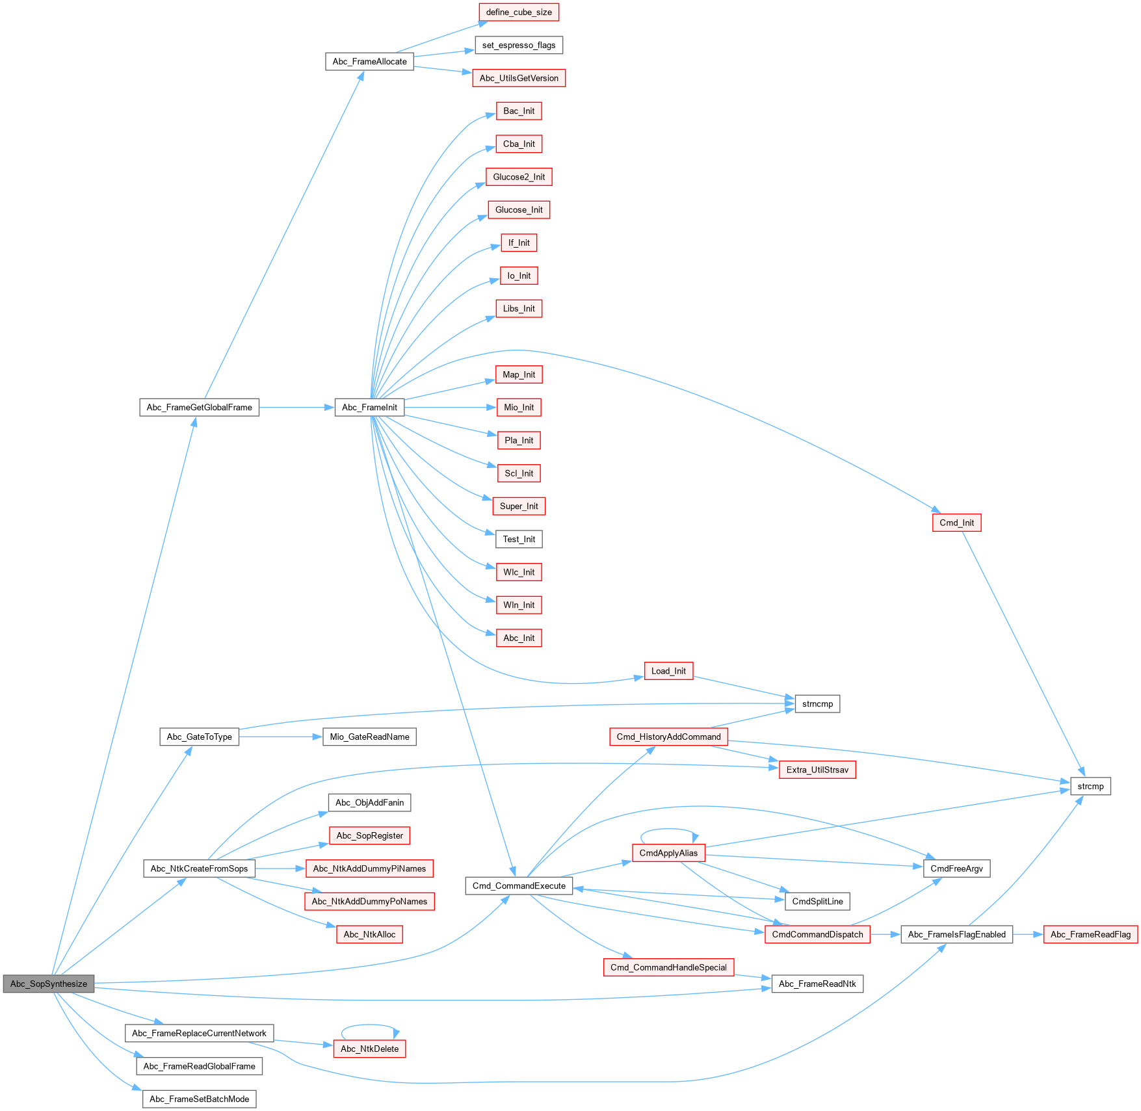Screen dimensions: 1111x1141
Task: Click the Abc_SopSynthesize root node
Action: [x=49, y=984]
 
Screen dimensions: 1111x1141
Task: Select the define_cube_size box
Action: [x=519, y=12]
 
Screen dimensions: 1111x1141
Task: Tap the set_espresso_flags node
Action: [x=519, y=46]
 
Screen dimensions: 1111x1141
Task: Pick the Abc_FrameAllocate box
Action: [x=369, y=62]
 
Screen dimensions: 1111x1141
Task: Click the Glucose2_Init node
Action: [x=519, y=177]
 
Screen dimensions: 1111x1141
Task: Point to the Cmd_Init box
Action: [x=956, y=523]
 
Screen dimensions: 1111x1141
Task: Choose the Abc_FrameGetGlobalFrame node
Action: [x=199, y=408]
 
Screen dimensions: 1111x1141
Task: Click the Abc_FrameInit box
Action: [x=369, y=408]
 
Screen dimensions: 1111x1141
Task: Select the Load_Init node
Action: [x=668, y=671]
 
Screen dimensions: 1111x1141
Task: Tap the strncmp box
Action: [x=817, y=704]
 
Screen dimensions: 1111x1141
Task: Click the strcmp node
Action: [x=1090, y=787]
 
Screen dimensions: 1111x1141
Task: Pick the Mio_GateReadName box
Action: [x=369, y=737]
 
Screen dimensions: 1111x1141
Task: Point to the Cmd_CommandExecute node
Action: [x=519, y=885]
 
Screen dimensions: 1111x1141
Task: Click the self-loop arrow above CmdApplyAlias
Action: [x=668, y=830]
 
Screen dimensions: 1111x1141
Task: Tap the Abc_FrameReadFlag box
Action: [x=1090, y=935]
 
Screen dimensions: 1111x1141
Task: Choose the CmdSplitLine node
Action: [x=817, y=902]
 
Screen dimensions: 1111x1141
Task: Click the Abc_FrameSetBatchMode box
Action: [x=199, y=1099]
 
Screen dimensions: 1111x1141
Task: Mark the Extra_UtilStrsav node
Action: [x=817, y=770]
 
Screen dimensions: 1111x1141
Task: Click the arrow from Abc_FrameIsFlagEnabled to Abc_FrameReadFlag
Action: [x=1028, y=935]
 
